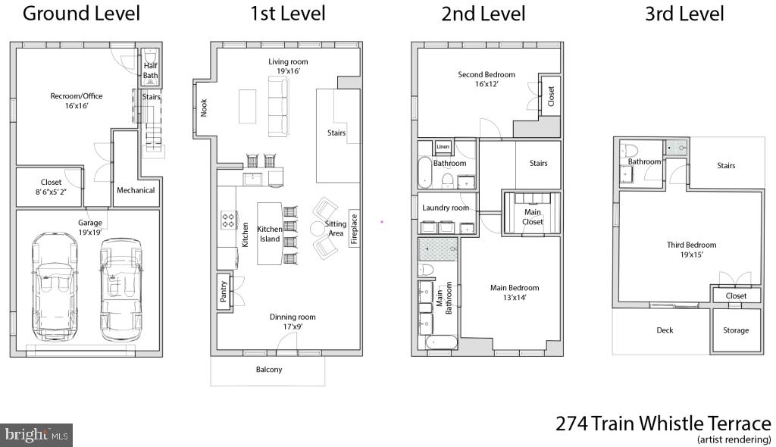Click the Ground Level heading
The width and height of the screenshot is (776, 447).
tap(81, 14)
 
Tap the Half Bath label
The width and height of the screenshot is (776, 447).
tap(151, 70)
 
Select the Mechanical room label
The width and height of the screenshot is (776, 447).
tap(136, 190)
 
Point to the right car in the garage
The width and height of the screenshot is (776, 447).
tap(121, 289)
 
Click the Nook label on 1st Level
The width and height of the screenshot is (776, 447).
tap(204, 108)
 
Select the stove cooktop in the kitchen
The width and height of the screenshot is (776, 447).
tap(227, 220)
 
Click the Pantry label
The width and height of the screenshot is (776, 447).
tap(224, 292)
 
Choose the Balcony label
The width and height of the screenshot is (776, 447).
tap(268, 370)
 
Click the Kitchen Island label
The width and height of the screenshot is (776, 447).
tap(269, 233)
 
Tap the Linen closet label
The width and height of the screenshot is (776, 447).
tap(443, 146)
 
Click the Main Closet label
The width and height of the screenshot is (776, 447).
tap(533, 217)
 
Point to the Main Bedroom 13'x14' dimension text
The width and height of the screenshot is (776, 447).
tap(515, 298)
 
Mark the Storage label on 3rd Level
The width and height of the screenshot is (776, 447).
tap(735, 330)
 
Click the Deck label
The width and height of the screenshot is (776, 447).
tap(665, 330)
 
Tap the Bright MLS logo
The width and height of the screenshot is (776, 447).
tap(36, 435)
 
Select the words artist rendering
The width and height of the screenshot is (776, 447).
tap(734, 439)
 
